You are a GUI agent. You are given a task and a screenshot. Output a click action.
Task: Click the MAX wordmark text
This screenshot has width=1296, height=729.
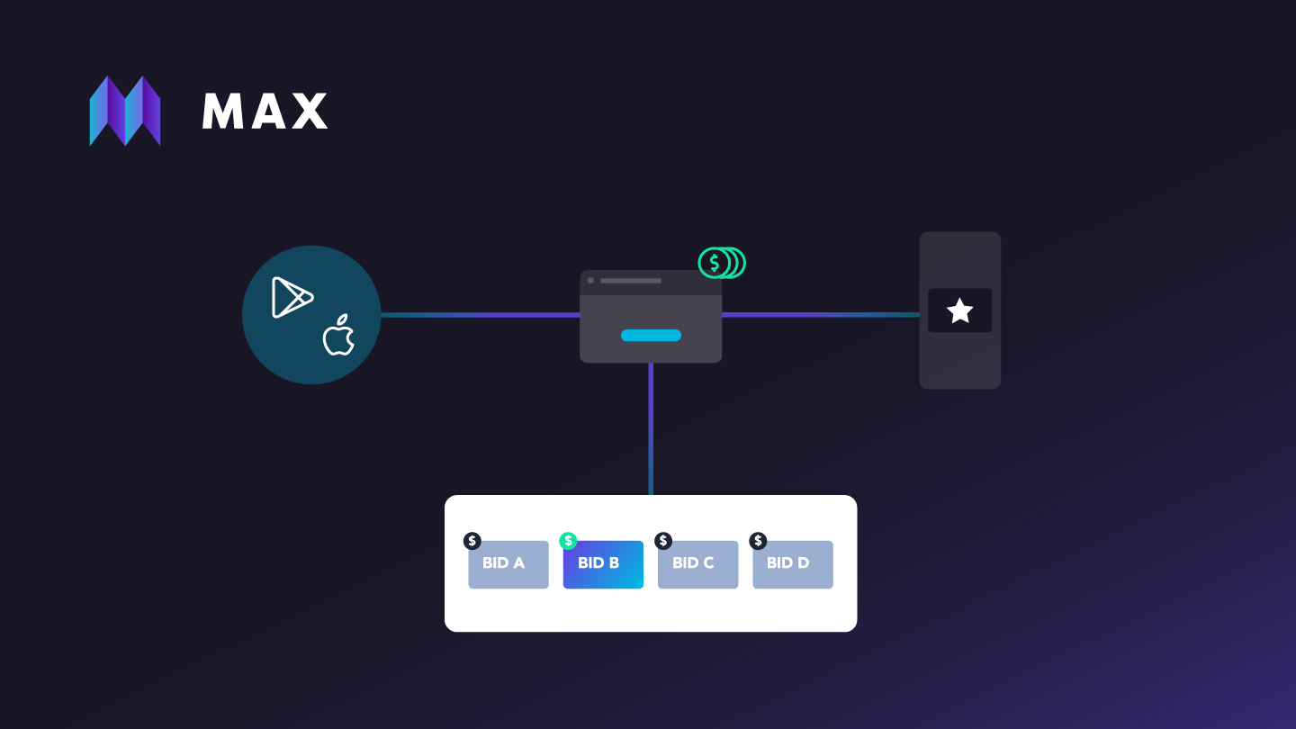265,112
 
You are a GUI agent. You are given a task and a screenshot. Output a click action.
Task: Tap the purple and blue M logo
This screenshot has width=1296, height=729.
125,111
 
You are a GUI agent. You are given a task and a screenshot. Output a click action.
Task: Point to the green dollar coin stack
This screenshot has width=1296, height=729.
722,263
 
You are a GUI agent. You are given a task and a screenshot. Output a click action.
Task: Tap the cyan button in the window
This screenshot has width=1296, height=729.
651,336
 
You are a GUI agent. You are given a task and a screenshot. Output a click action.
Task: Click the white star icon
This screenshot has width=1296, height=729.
959,311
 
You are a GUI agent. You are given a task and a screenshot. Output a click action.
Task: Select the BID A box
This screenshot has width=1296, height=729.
508,565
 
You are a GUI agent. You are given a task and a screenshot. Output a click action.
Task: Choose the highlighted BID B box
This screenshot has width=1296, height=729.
603,565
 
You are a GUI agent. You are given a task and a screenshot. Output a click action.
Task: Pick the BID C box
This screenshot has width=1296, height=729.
697,565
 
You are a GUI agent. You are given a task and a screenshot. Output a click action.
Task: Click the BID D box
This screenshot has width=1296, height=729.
793,565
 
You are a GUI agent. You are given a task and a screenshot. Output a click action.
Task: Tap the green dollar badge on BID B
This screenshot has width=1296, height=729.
568,541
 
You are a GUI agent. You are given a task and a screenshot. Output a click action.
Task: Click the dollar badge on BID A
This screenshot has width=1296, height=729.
472,541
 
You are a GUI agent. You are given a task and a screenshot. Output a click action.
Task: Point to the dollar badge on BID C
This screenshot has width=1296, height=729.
663,541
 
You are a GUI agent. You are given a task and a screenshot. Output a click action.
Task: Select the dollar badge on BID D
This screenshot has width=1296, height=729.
759,541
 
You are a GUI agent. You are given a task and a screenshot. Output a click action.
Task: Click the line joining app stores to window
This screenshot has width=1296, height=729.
480,315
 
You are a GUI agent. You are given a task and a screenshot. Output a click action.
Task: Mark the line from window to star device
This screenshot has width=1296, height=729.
820,315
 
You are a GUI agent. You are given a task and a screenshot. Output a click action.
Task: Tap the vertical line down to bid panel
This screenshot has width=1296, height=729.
651,428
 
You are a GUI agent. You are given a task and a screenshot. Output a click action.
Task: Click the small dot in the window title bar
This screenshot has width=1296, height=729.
590,281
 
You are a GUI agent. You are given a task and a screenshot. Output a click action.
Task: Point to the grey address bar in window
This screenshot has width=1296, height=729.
631,281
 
